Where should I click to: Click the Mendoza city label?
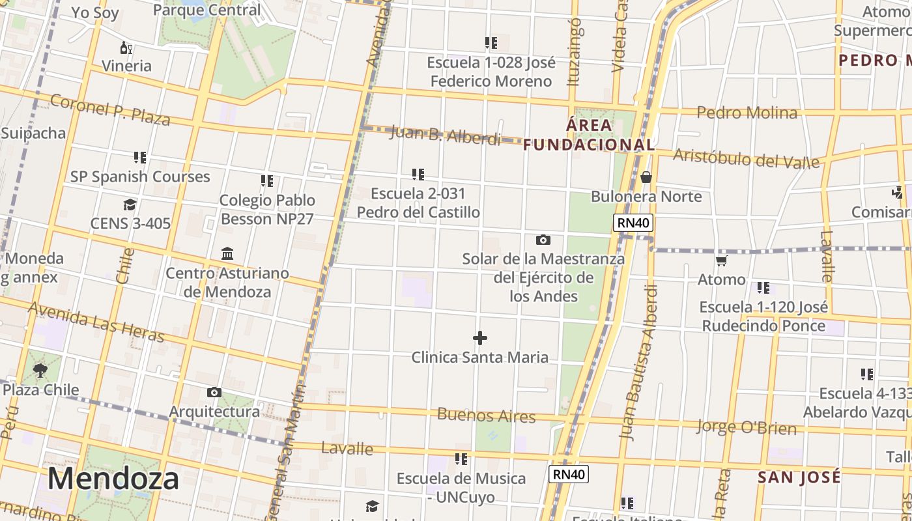point(113,479)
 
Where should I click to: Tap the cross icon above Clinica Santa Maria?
point(480,338)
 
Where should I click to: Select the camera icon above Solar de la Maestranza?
point(543,240)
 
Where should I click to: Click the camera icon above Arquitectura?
point(214,392)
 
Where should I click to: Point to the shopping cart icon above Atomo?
point(721,261)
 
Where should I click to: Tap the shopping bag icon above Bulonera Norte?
point(646,177)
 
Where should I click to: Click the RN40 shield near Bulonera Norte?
point(633,223)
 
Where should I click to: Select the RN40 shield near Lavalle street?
point(569,474)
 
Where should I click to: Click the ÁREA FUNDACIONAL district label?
point(589,135)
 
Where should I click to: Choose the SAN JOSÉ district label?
point(799,477)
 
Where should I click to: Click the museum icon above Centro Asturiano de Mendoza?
point(227,253)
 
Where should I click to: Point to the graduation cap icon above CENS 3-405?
point(130,205)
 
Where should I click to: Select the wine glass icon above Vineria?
point(126,48)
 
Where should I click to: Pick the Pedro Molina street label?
point(747,113)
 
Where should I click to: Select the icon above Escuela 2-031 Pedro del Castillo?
point(418,175)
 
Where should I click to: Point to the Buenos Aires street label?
point(486,415)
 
